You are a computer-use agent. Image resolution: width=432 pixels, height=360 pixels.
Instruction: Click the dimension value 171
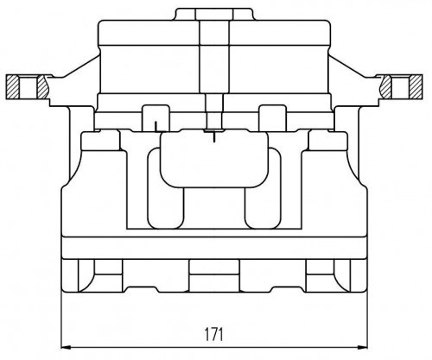coord(213,334)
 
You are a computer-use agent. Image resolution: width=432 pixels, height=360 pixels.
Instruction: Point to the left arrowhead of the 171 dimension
coord(66,347)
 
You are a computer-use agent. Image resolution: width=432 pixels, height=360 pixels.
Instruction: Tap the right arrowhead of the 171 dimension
coord(363,347)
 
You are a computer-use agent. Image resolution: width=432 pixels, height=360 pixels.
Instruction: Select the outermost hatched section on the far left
coord(13,86)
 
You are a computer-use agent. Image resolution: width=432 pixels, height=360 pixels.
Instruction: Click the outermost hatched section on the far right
coord(416,86)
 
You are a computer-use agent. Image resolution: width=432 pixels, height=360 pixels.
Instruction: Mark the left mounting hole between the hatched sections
coord(29,86)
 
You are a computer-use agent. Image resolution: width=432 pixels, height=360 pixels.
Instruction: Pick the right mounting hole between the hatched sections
coord(400,86)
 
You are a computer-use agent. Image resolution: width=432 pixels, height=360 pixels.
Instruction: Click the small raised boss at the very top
coord(214,14)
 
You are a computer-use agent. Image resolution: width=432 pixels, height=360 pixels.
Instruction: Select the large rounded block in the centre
coord(214,159)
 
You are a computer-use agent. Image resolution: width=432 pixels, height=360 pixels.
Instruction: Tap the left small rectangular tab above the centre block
coord(156,118)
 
